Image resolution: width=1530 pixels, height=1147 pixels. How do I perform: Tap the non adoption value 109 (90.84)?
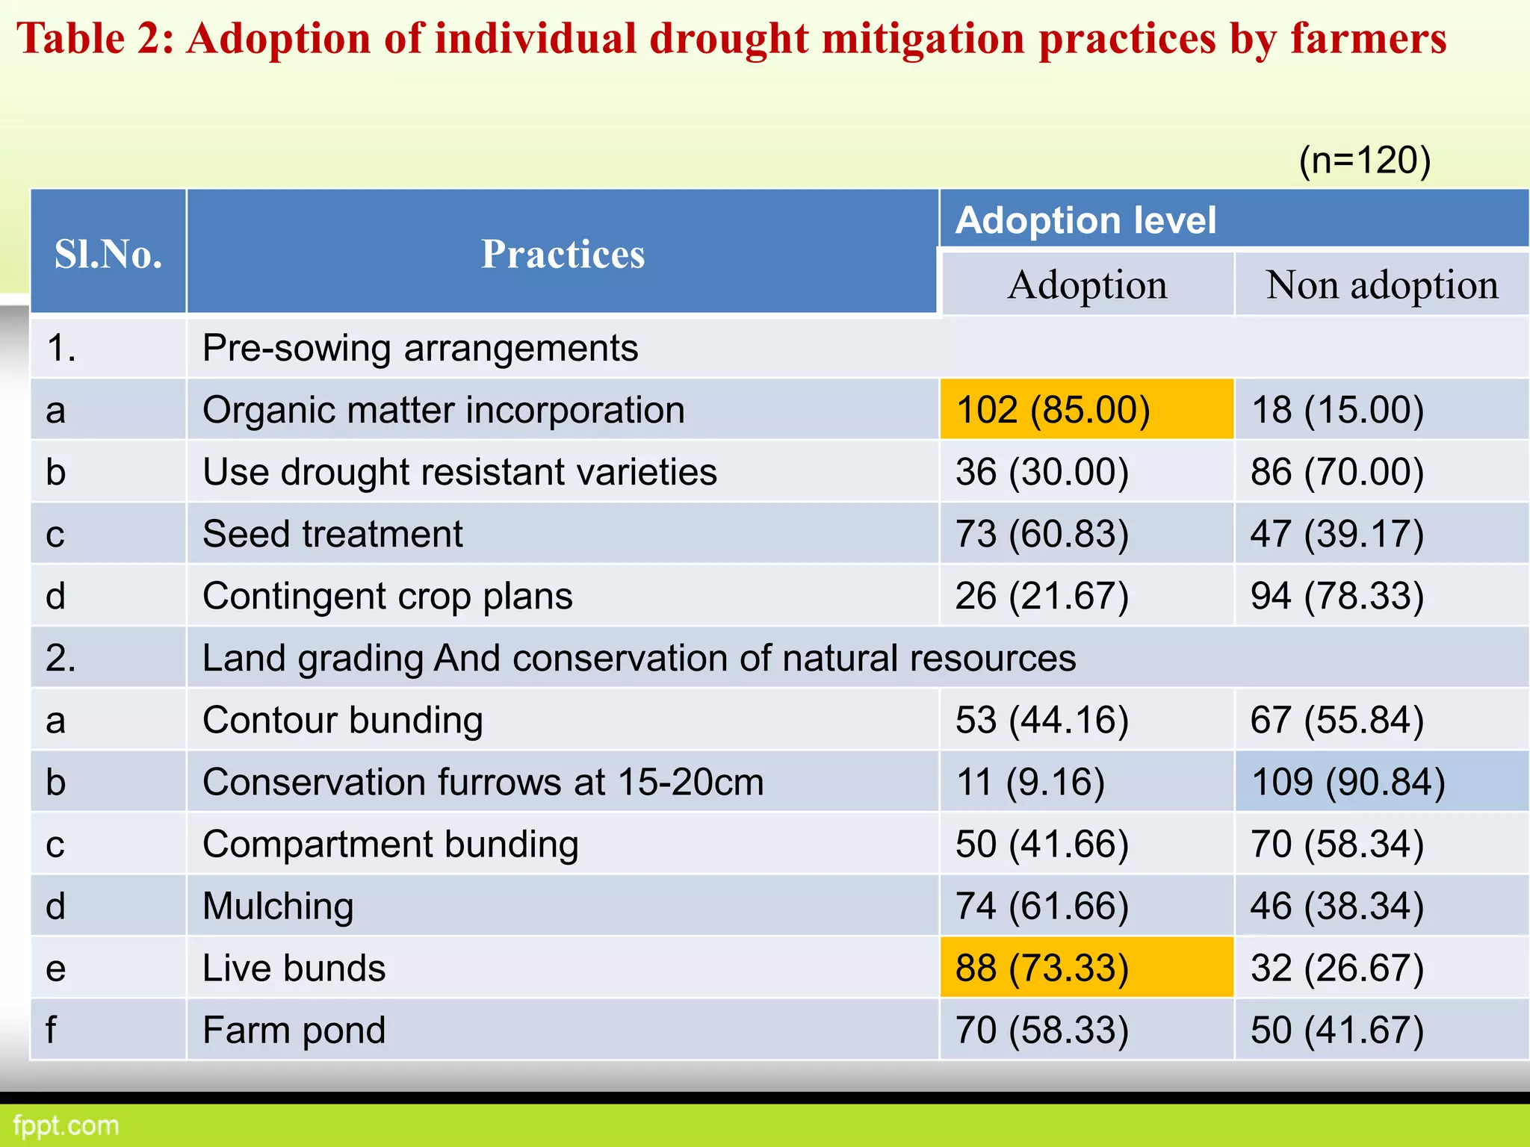[1348, 782]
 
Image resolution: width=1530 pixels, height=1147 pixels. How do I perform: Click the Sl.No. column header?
[108, 254]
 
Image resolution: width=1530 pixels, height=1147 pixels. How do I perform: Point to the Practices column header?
[563, 254]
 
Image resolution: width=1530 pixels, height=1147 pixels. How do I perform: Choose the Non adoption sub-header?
[1381, 285]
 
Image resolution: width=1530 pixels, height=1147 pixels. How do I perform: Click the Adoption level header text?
[1085, 220]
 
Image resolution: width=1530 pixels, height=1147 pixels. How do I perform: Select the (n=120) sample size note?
[1364, 160]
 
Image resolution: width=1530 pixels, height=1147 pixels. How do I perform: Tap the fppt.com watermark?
[66, 1125]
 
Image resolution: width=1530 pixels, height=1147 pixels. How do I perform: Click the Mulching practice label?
[278, 906]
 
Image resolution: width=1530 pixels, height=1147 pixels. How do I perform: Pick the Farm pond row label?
[294, 1030]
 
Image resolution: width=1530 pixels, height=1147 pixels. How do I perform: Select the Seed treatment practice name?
[332, 534]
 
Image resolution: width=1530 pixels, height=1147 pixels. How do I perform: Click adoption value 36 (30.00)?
[1042, 472]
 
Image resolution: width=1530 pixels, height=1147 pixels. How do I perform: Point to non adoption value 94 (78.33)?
[1337, 596]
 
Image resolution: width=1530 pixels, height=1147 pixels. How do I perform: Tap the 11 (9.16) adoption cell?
[1030, 782]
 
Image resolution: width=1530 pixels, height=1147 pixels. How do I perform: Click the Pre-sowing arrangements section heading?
[420, 348]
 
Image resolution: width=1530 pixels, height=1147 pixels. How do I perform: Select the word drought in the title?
[728, 39]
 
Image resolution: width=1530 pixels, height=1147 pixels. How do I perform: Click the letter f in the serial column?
[51, 1030]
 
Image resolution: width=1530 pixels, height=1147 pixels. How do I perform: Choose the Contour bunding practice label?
[342, 720]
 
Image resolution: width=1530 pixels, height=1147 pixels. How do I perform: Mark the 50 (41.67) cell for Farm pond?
[1337, 1030]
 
